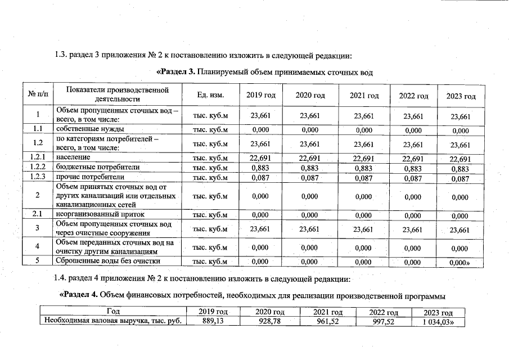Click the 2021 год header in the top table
tap(364, 96)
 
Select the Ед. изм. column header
tap(210, 95)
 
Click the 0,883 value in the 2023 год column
tap(460, 168)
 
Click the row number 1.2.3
tap(38, 178)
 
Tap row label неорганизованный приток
tap(100, 214)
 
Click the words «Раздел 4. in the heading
tap(81, 295)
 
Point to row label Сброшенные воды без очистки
tap(107, 261)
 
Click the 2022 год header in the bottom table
tap(384, 312)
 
